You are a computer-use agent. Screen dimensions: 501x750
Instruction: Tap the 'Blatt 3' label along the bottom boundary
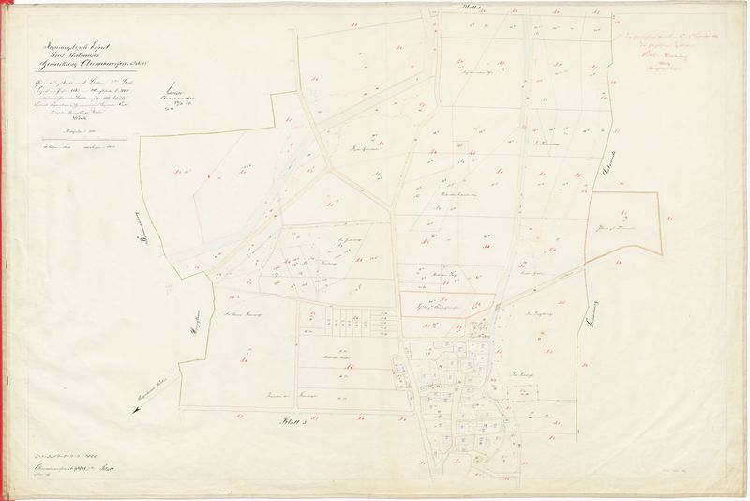pyautogui.click(x=295, y=424)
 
